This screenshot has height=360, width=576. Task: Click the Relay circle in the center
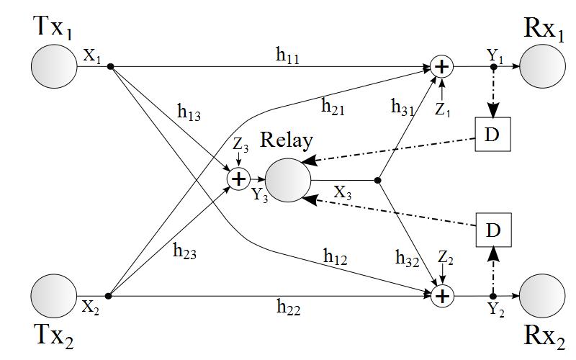coord(288,179)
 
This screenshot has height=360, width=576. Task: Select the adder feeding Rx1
coord(442,67)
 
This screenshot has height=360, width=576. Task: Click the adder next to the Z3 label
coord(238,178)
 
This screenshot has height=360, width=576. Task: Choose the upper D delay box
coord(493,135)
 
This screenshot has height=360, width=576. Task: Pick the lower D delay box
coord(493,230)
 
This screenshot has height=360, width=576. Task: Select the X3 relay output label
coord(343,192)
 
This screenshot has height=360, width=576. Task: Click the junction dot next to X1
coord(110,67)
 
